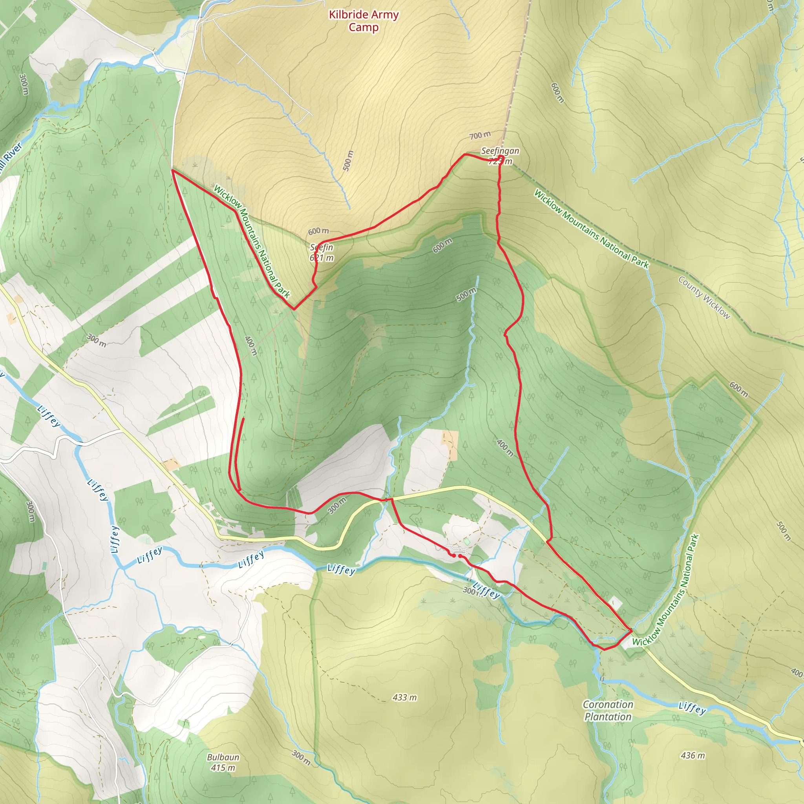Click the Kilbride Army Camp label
coord(363,20)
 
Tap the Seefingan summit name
coord(500,151)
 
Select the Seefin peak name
coord(322,247)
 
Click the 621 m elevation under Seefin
coord(322,258)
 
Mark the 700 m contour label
coord(480,135)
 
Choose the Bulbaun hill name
coord(223,757)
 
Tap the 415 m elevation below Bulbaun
coord(223,767)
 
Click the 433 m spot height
coord(404,697)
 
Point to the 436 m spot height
coord(693,755)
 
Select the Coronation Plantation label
coord(608,710)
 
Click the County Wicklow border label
coord(704,298)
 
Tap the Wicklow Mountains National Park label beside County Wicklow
coord(591,228)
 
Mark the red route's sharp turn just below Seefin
coord(294,309)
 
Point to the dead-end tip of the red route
coord(243,418)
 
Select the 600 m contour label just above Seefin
coord(318,231)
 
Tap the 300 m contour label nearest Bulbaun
coord(300,757)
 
